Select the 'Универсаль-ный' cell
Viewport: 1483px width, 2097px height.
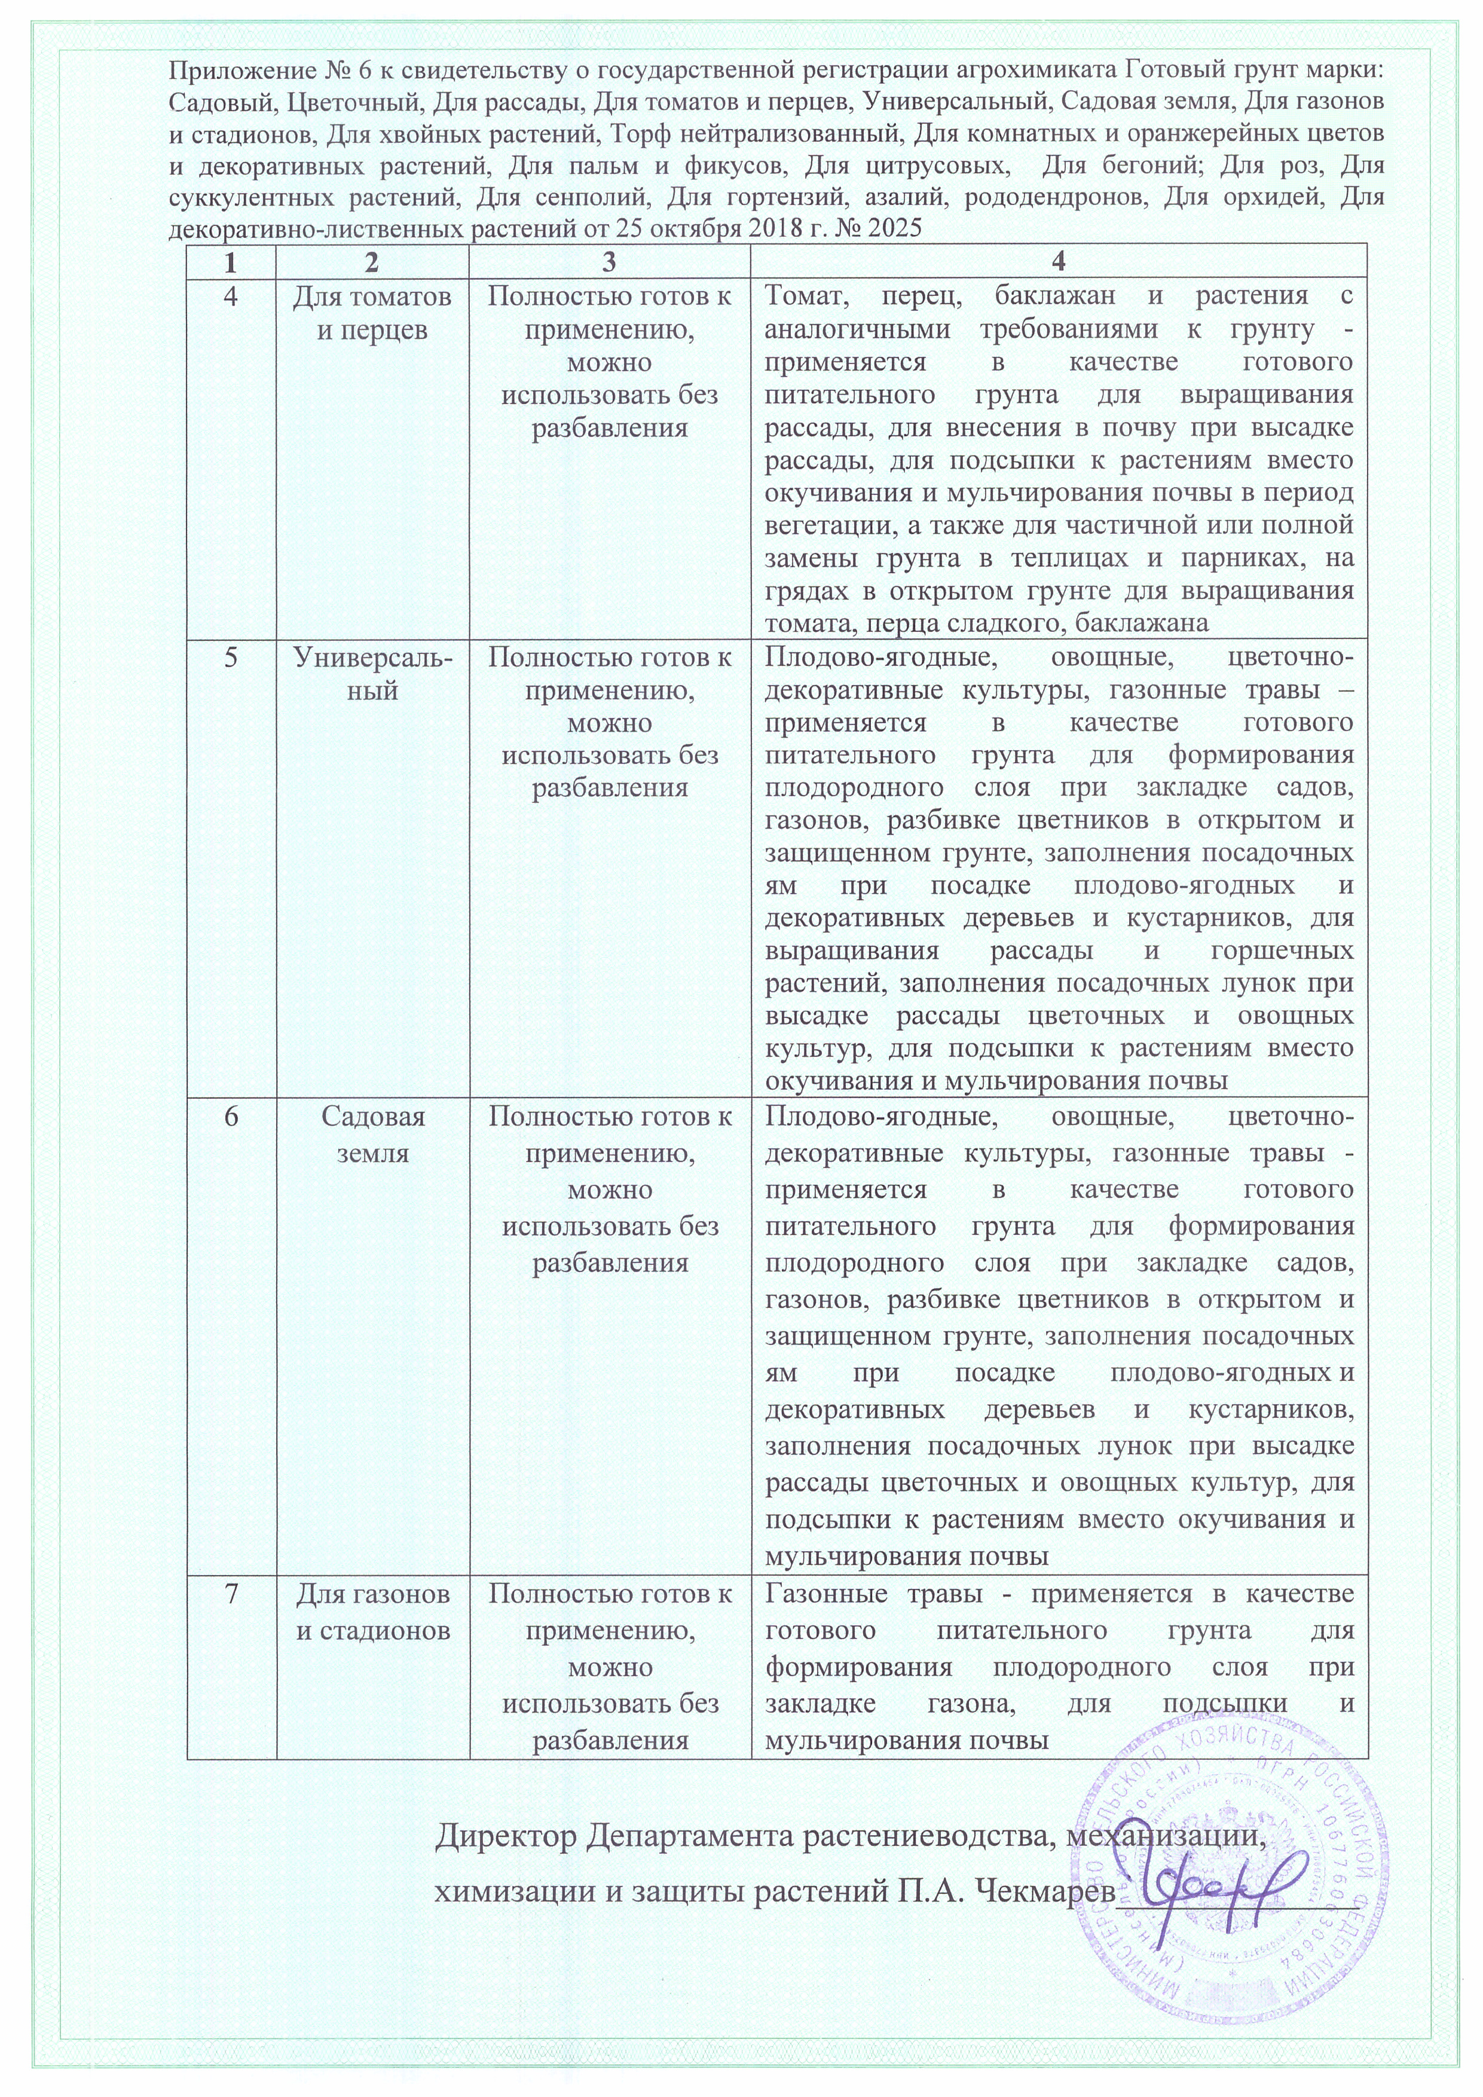(372, 674)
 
